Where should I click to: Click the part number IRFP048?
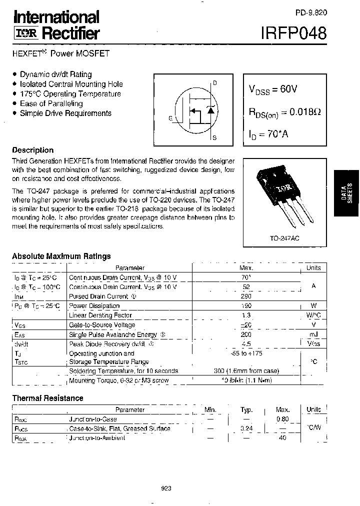(x=293, y=33)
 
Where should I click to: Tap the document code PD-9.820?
(x=310, y=14)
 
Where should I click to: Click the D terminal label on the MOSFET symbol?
(x=215, y=83)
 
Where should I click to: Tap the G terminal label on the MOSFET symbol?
(x=170, y=118)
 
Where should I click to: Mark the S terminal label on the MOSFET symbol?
(x=214, y=137)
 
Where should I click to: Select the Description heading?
(x=32, y=150)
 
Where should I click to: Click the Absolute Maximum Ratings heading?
(x=61, y=256)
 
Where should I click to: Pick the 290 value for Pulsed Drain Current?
(x=246, y=296)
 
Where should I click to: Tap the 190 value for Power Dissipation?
(x=246, y=306)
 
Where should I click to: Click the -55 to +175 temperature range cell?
(x=246, y=353)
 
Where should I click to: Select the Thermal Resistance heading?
(x=47, y=398)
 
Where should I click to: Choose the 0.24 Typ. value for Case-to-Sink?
(x=246, y=428)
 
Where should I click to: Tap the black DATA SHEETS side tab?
(x=347, y=192)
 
